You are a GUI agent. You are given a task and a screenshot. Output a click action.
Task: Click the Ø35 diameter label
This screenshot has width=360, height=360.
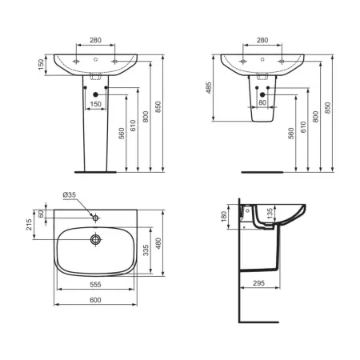pyautogui.click(x=70, y=195)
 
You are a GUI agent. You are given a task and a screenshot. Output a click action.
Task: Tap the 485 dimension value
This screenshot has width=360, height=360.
pyautogui.click(x=209, y=88)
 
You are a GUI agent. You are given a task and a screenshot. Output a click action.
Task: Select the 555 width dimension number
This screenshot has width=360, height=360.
pyautogui.click(x=95, y=285)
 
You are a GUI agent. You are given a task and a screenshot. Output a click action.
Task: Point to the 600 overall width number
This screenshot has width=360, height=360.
pyautogui.click(x=95, y=300)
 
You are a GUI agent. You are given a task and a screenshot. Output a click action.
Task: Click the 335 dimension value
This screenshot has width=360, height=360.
pyautogui.click(x=146, y=250)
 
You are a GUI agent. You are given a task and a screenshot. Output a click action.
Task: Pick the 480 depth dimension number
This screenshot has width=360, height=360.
pyautogui.click(x=158, y=243)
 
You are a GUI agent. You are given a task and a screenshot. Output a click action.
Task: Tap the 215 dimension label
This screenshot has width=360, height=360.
pyautogui.click(x=29, y=225)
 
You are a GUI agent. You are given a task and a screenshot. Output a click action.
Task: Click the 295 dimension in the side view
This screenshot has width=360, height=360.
pyautogui.click(x=258, y=283)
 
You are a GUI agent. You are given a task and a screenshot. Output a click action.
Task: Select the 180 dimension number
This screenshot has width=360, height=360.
pyautogui.click(x=224, y=216)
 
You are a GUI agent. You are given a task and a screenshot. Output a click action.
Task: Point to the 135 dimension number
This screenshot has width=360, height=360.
pyautogui.click(x=270, y=214)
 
